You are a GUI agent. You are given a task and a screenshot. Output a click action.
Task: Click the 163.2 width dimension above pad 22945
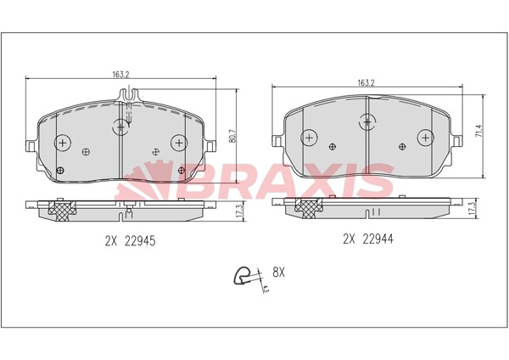coord(121,75)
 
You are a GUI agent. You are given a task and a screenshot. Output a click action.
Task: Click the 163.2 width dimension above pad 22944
coord(366,83)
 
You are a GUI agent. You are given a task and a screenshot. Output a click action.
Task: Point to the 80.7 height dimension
coord(232,136)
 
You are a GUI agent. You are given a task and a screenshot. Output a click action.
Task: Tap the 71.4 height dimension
coord(478,131)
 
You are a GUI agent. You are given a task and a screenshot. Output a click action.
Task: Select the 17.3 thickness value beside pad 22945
coord(240,211)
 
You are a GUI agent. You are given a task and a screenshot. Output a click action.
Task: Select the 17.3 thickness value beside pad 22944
coord(473,207)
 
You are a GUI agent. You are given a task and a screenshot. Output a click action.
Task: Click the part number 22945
coord(140,241)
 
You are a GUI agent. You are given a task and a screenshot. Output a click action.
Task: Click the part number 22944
coord(378,239)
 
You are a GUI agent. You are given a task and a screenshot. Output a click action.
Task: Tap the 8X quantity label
coord(278,273)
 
